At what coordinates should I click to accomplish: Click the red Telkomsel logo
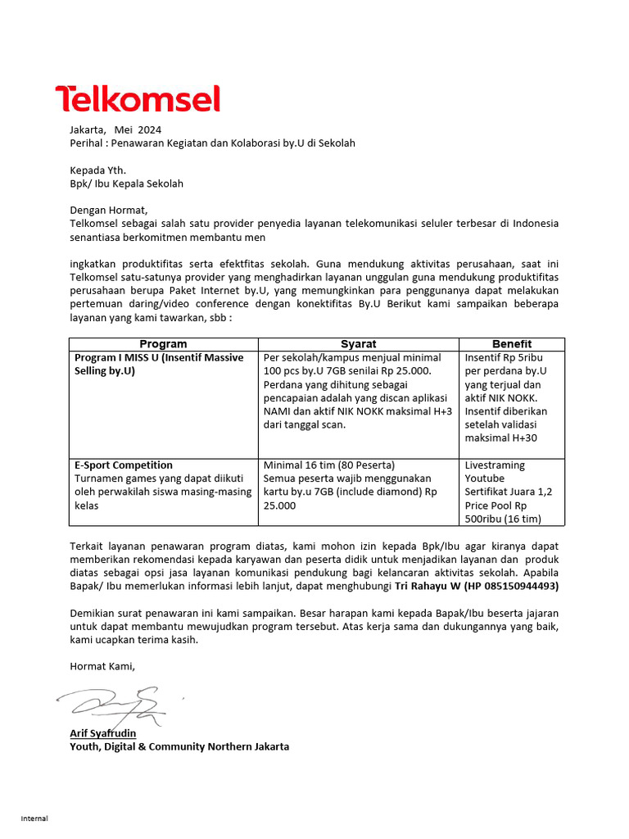pos(138,99)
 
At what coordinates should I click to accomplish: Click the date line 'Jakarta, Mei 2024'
pos(115,129)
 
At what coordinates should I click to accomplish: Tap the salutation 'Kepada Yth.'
pos(98,170)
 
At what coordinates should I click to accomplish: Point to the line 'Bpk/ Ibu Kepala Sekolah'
pos(126,184)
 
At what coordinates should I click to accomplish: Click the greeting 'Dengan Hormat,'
pos(108,211)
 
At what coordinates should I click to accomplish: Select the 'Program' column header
pos(163,344)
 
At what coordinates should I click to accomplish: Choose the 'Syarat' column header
pos(358,344)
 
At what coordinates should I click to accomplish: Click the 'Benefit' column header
pos(511,344)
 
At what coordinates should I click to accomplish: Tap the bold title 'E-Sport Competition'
pos(124,465)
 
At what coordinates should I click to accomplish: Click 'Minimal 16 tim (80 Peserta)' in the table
pos(328,465)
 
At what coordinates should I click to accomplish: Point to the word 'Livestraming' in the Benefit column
pos(495,465)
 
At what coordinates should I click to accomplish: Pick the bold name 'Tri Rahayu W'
pos(428,586)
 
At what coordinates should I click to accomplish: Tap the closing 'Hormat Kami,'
pos(102,667)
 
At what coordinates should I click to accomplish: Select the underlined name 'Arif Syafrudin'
pos(103,733)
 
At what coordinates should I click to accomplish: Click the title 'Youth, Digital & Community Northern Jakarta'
pos(179,746)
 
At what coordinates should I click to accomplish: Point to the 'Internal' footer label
pos(34,819)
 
